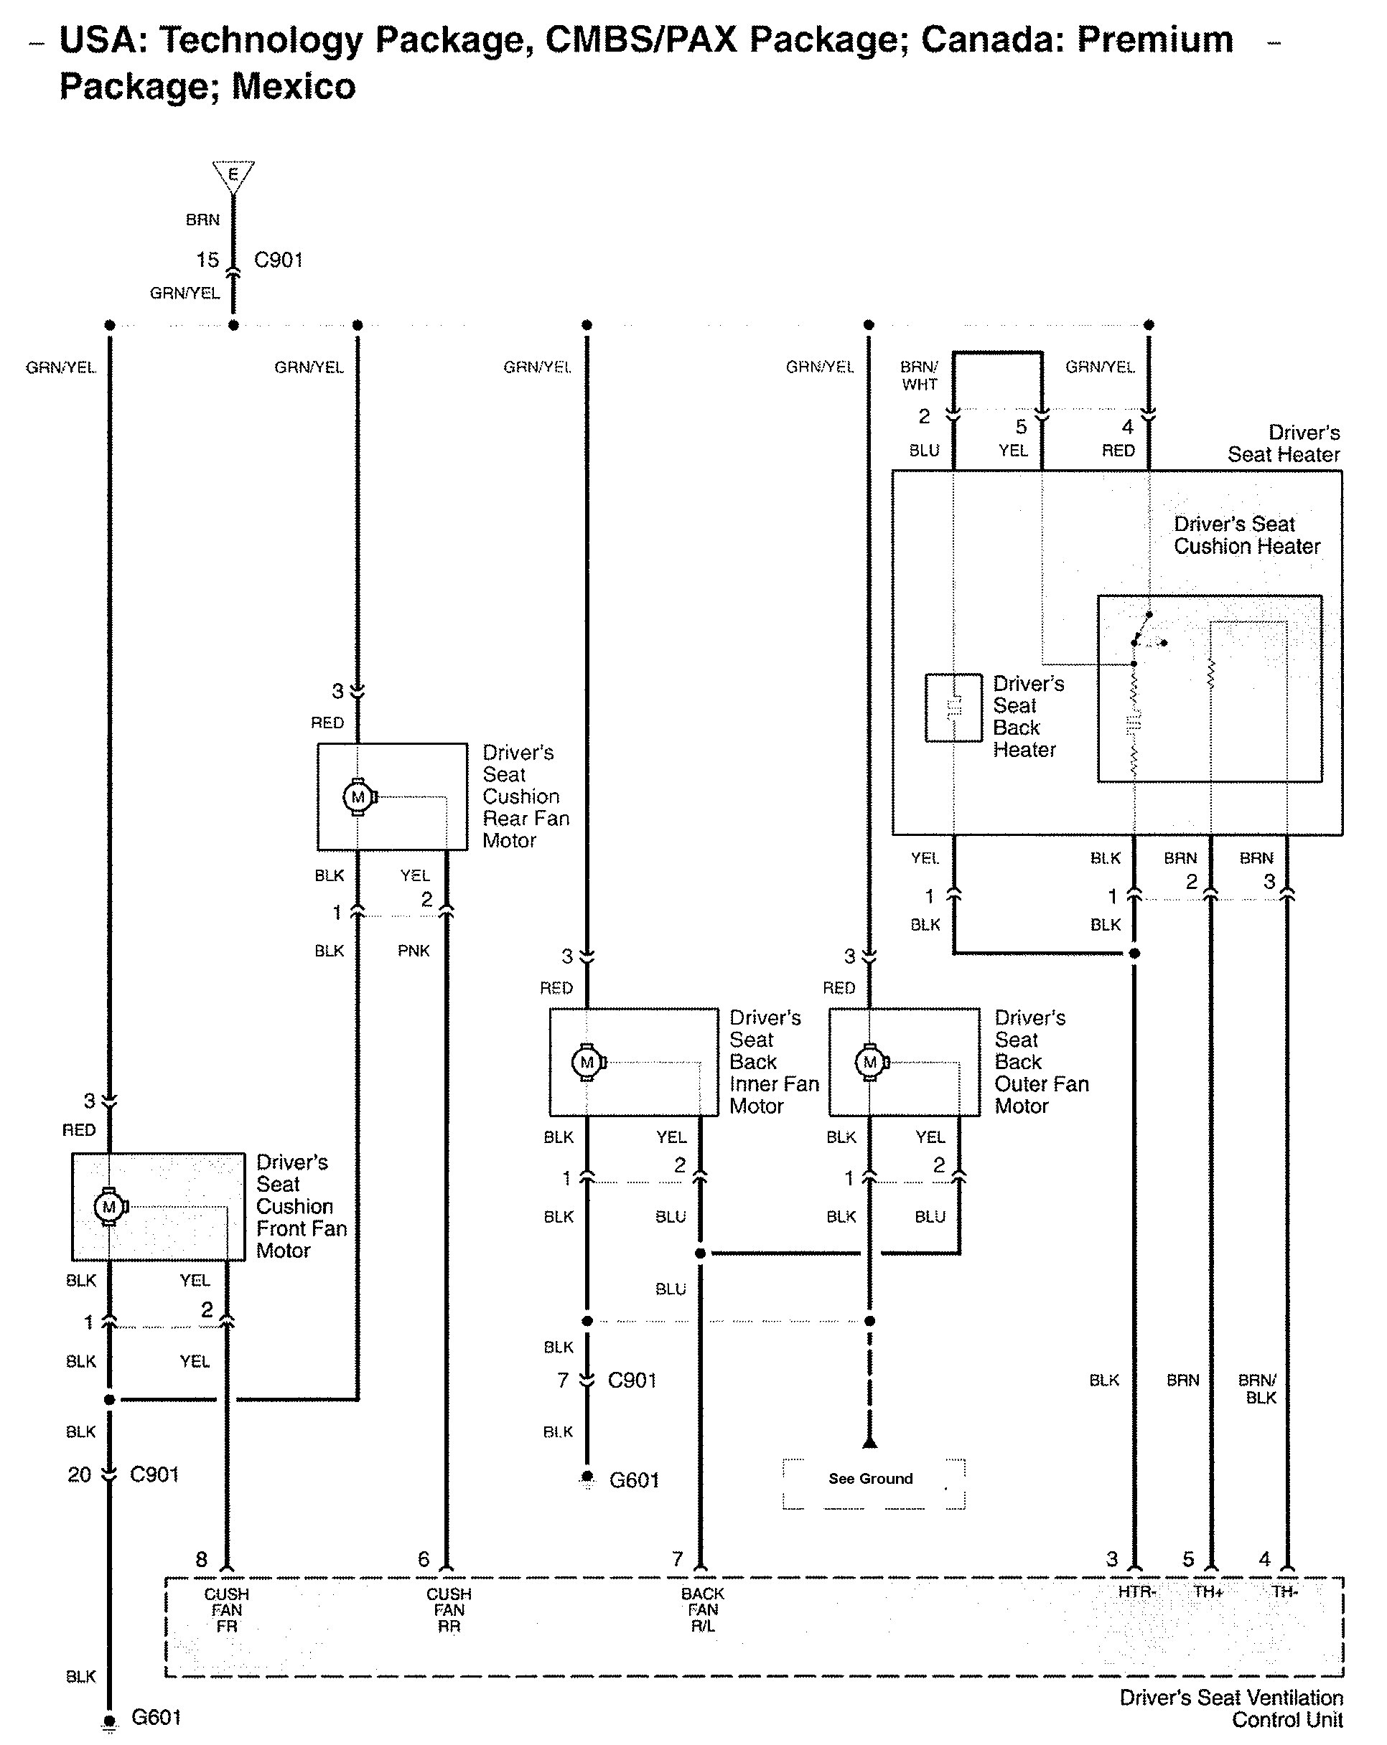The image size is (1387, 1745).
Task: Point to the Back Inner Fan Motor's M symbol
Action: pos(589,1062)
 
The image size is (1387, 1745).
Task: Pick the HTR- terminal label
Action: pos(1136,1591)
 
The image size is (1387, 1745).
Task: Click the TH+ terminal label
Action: pos(1208,1591)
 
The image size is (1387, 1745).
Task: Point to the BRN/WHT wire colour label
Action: pos(920,375)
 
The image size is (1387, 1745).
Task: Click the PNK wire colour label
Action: pos(414,950)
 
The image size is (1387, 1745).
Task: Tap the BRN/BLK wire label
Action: pos(1258,1389)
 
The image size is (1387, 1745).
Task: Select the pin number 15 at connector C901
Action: pos(207,260)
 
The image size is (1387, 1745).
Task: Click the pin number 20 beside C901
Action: pos(80,1474)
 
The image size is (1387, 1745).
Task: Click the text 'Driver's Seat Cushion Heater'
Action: pos(1247,535)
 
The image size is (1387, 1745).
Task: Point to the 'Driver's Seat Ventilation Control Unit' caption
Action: pos(1230,1708)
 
